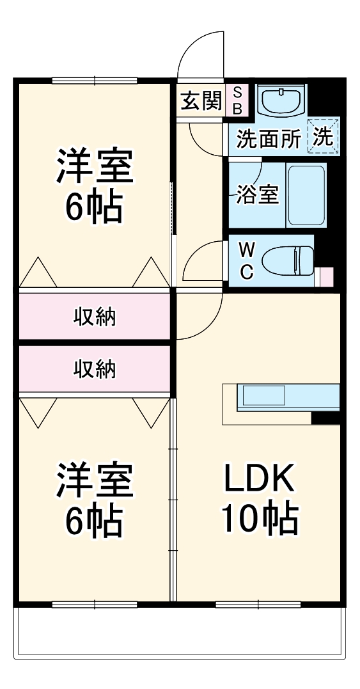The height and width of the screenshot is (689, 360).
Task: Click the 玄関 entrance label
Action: point(201,100)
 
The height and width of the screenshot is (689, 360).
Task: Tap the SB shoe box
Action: point(237,100)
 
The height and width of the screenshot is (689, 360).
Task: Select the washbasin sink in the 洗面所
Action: point(281,100)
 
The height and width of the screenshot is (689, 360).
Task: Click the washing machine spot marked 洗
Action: point(324,137)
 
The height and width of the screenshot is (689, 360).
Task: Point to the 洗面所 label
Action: point(268,139)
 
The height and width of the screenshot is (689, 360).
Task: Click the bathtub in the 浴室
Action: point(306,194)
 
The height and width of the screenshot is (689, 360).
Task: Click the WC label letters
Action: point(246,260)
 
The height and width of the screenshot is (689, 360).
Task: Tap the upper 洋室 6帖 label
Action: point(95,186)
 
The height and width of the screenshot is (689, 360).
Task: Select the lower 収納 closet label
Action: point(95,368)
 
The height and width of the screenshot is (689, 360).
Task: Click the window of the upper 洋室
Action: point(95,81)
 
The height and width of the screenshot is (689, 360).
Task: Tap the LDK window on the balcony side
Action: point(258,604)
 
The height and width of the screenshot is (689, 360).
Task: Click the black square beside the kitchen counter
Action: point(325,418)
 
